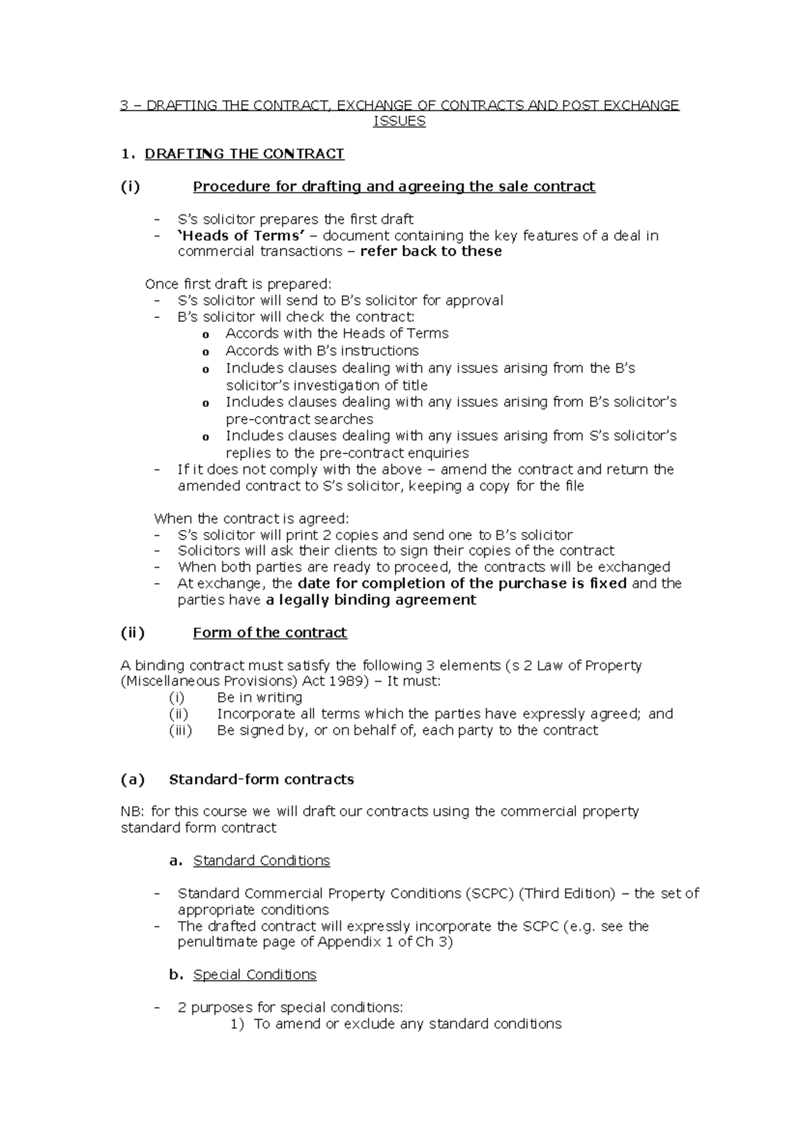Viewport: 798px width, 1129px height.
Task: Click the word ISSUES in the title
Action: pos(399,122)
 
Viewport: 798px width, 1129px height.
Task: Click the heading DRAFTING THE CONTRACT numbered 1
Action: pos(244,154)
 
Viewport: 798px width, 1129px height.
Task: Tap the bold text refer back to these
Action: pos(430,251)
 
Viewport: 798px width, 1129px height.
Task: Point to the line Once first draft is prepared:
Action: pos(237,284)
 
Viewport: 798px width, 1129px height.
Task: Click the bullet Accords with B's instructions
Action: pos(322,350)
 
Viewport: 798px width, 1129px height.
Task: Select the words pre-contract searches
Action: pos(299,420)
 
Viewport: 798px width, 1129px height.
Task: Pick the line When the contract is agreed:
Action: pos(251,519)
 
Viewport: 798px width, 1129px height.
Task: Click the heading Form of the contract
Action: pos(269,633)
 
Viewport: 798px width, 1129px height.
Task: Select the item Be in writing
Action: pos(259,697)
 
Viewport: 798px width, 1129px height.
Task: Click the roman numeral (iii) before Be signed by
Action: pos(180,730)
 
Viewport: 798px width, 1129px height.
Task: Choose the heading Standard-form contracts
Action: pos(261,779)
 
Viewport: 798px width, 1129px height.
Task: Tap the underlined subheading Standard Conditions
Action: pos(261,861)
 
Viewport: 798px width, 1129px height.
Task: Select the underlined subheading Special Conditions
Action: pos(254,975)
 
